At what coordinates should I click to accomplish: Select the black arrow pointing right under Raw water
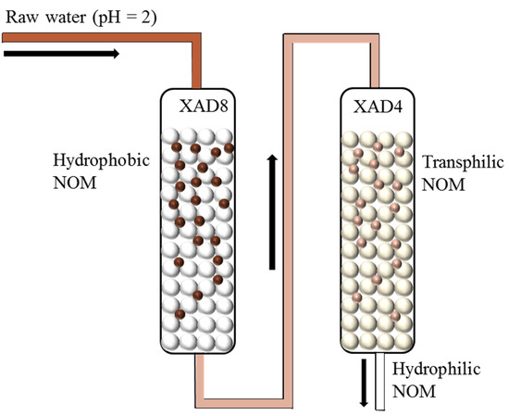click(x=61, y=54)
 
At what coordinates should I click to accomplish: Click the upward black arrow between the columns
click(x=271, y=212)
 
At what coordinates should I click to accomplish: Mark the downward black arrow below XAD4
click(x=364, y=381)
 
